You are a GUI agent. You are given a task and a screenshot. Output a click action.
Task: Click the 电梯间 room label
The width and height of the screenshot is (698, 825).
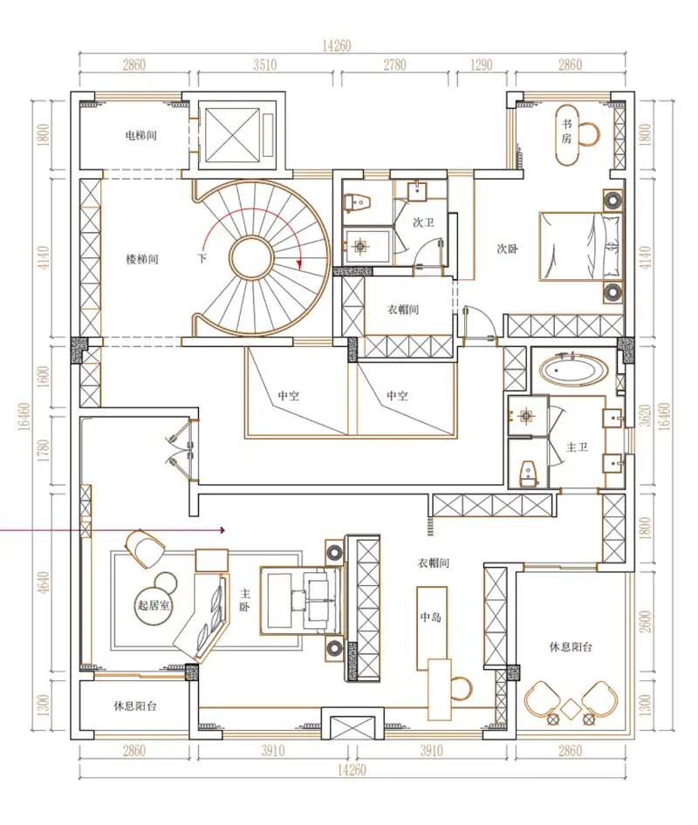[x=141, y=136]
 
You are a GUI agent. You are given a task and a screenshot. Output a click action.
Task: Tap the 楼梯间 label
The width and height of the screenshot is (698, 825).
[x=142, y=259]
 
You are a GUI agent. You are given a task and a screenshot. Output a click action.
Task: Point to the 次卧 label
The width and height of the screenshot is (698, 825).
[x=508, y=249]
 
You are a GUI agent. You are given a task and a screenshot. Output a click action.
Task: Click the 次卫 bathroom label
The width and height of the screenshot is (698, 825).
[x=423, y=222]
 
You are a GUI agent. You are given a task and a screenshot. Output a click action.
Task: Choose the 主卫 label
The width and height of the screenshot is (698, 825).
[x=578, y=447]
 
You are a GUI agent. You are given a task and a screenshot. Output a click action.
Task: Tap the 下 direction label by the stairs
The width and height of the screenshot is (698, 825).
[x=202, y=259]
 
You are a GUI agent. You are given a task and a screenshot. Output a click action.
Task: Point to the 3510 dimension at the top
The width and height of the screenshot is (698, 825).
[x=264, y=65]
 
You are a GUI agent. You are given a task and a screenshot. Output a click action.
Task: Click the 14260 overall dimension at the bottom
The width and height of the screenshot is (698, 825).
[x=353, y=770]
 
